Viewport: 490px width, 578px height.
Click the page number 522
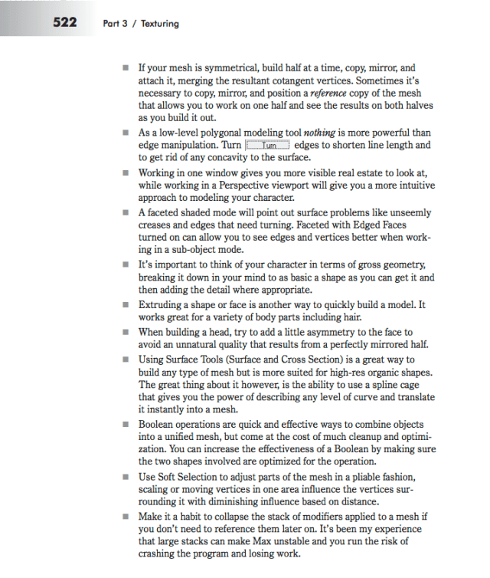pos(64,22)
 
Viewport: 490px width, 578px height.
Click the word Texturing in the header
pos(159,24)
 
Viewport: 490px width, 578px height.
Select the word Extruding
pos(162,304)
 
